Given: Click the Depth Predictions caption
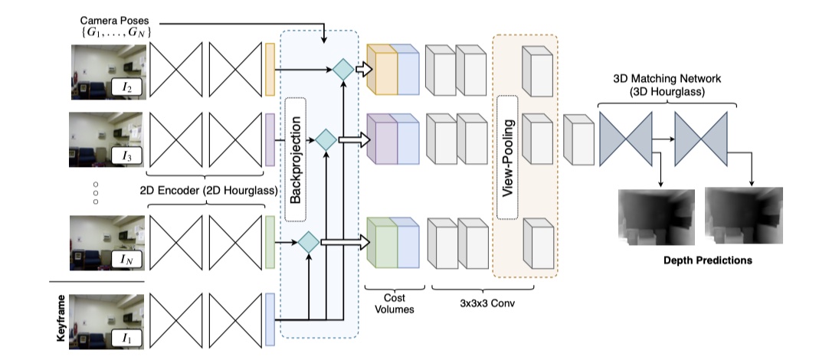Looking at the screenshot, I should [x=706, y=260].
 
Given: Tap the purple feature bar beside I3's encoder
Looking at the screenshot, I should [x=270, y=140].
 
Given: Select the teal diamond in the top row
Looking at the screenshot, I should [x=342, y=70].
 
